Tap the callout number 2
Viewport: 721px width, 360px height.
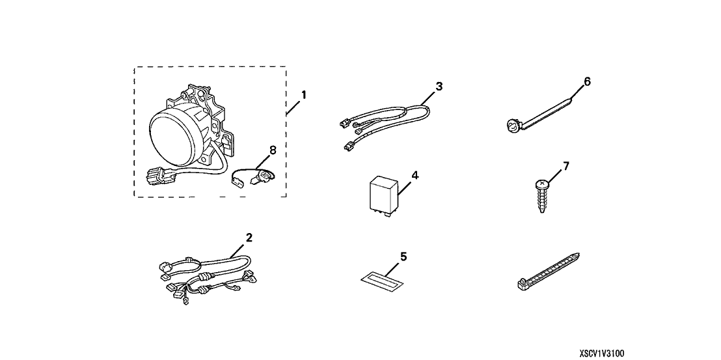click(x=249, y=237)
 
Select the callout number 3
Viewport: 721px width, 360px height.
click(x=439, y=85)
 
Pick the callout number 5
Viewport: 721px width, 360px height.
click(x=403, y=256)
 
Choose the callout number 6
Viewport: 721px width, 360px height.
click(x=587, y=81)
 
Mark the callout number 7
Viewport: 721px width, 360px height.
click(x=565, y=167)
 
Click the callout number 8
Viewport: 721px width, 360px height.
click(x=272, y=150)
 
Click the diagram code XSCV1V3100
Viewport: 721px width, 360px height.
click(x=602, y=353)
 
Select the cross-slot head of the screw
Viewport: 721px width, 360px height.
click(x=541, y=184)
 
